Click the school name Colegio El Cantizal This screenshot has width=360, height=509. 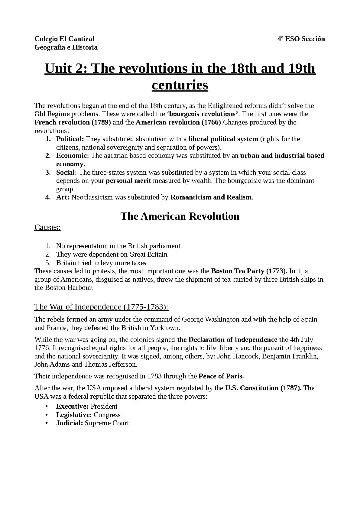coord(64,39)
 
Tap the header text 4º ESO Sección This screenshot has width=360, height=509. coord(301,39)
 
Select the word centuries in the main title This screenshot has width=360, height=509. coord(180,85)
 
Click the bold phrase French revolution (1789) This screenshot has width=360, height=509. coord(73,122)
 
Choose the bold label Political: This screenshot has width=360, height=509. coord(70,139)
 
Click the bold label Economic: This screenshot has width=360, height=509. coord(72,156)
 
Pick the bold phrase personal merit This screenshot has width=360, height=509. coord(128,181)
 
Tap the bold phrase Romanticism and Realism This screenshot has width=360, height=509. coord(211,197)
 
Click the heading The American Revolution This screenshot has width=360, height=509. coord(180,216)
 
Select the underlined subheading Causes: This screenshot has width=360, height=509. coord(47,228)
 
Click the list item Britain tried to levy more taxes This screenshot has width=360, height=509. coord(101,263)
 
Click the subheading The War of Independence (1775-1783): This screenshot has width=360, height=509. coord(101,307)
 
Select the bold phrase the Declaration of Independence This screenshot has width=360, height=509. coord(227,340)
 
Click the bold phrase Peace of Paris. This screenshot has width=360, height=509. coord(221,376)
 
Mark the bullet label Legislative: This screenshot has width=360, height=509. coord(74,415)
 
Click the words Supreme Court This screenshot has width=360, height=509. coord(107,423)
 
